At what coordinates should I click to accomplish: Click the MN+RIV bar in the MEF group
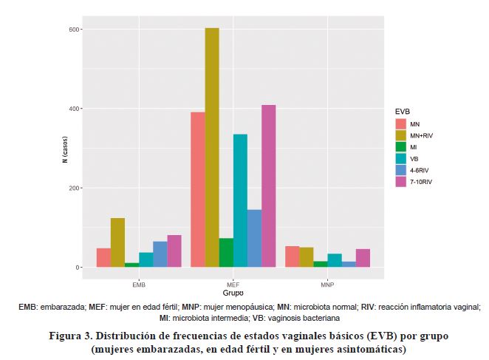pos(212,147)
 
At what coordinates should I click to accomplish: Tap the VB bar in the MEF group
pos(240,200)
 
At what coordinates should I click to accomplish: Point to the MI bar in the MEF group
pos(226,252)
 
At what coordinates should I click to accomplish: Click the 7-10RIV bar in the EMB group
pos(174,251)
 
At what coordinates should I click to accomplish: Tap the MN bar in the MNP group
pos(293,257)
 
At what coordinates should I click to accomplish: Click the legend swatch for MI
pos(401,147)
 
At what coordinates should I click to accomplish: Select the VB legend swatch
pos(401,158)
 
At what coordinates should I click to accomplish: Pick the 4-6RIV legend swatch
pos(401,170)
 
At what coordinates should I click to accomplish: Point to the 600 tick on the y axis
pos(74,30)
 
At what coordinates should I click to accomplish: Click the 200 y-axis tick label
pos(74,189)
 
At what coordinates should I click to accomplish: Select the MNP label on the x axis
pos(328,284)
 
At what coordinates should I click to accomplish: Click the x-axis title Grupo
pos(233,293)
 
